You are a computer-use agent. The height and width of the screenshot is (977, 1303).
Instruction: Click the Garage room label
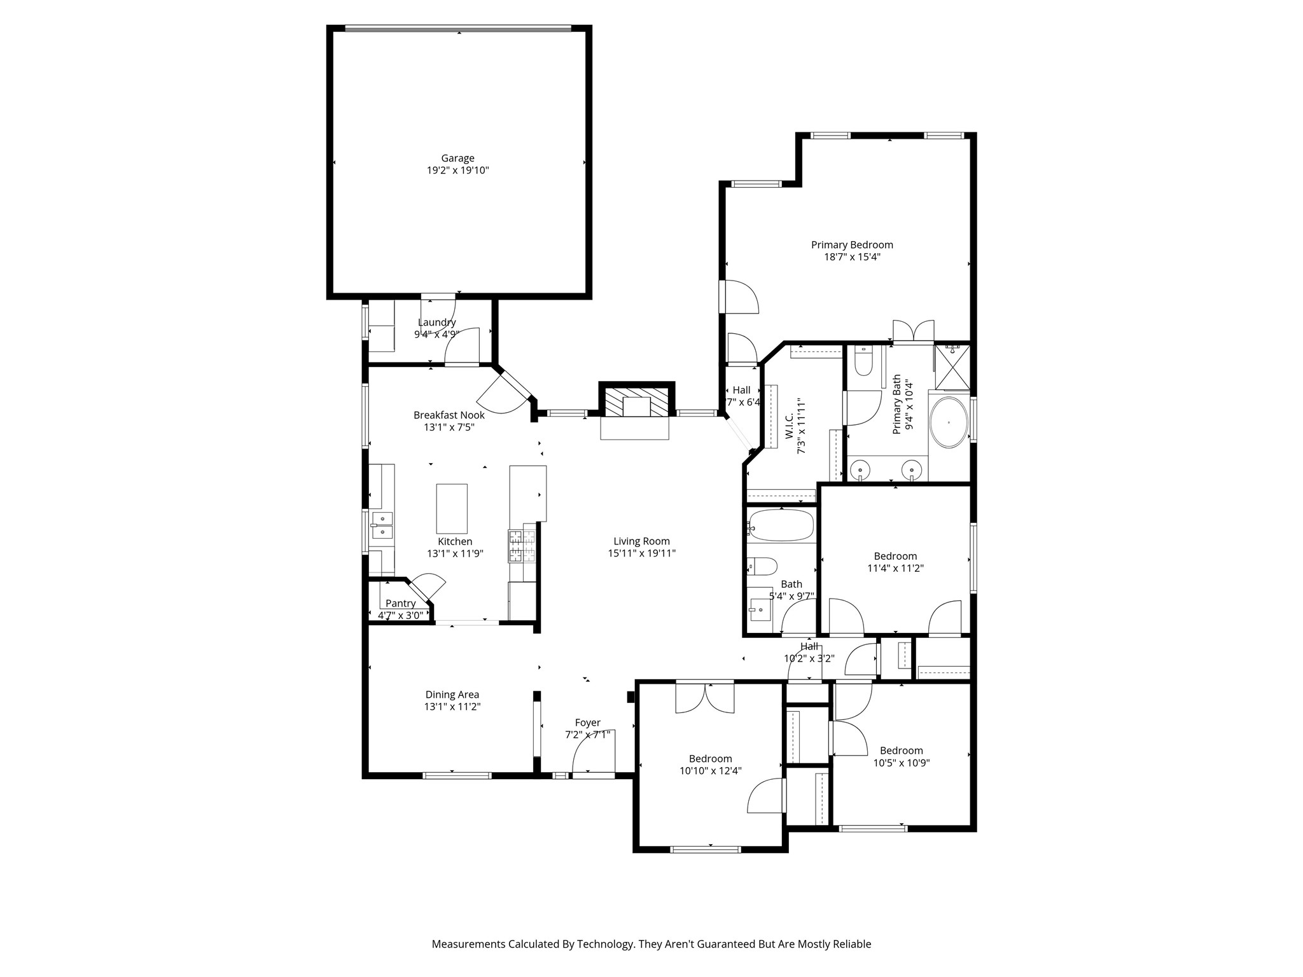point(457,158)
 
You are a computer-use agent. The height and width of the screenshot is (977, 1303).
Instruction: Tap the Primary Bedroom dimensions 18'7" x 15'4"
point(852,257)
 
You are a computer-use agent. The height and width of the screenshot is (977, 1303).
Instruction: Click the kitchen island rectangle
point(452,508)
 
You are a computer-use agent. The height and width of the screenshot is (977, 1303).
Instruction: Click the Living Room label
point(641,541)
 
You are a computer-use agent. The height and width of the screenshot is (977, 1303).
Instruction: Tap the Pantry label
point(400,603)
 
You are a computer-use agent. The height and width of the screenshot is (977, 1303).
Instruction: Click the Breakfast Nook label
point(449,415)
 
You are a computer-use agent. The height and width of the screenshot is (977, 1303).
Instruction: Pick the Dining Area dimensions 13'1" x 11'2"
point(452,707)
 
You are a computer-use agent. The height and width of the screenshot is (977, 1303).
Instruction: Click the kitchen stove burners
point(522,546)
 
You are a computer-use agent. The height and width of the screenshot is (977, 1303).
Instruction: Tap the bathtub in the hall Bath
point(781,525)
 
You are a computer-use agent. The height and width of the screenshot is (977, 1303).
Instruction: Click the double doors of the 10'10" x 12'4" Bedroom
point(705,698)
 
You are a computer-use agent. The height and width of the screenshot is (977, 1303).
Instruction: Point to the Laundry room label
point(436,322)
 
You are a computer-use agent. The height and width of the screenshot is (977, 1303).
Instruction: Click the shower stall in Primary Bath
point(952,366)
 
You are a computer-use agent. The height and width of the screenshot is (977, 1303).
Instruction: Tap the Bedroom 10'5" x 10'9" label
point(901,751)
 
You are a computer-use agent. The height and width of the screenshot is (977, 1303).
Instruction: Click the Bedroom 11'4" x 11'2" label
point(895,556)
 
